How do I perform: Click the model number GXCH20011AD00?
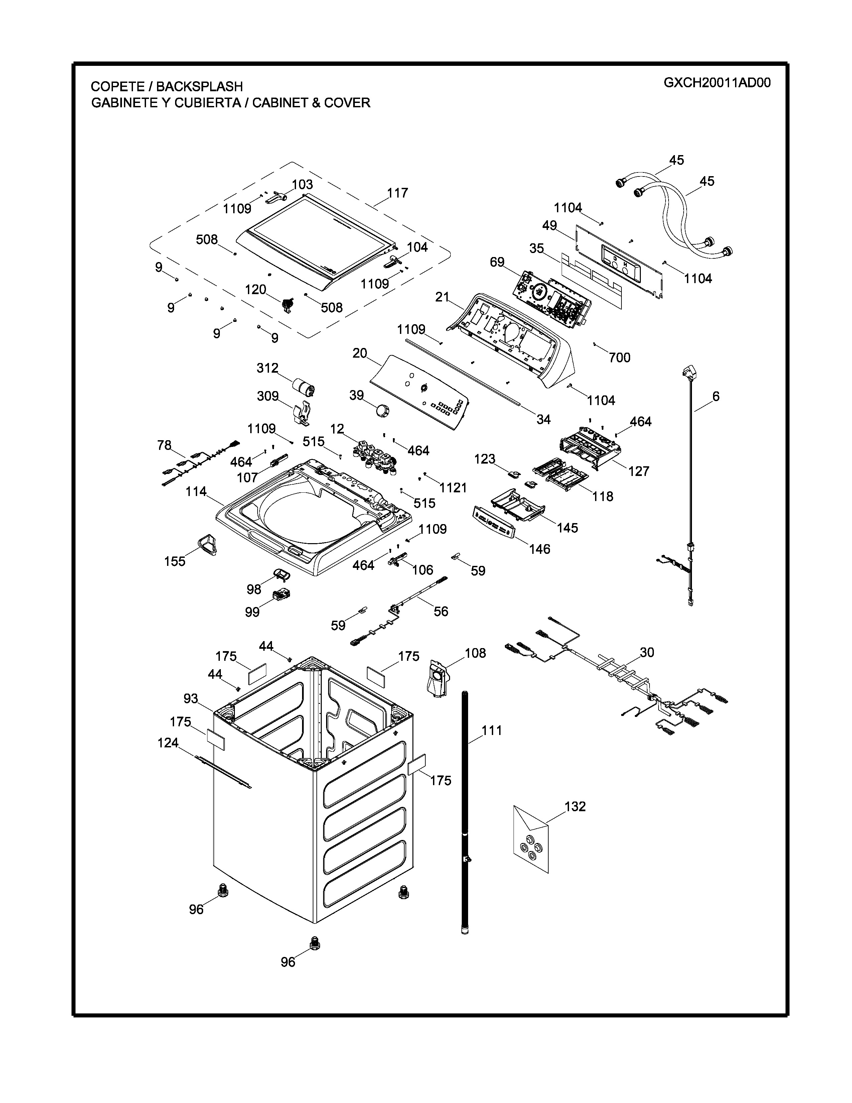point(717,83)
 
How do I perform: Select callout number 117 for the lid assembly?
point(397,193)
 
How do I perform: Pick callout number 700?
point(619,358)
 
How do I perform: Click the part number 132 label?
point(575,807)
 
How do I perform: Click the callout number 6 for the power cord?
point(716,396)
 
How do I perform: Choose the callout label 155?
point(175,561)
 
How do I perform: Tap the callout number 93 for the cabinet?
point(191,699)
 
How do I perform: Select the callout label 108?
point(475,653)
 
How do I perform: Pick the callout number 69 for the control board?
point(497,262)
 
